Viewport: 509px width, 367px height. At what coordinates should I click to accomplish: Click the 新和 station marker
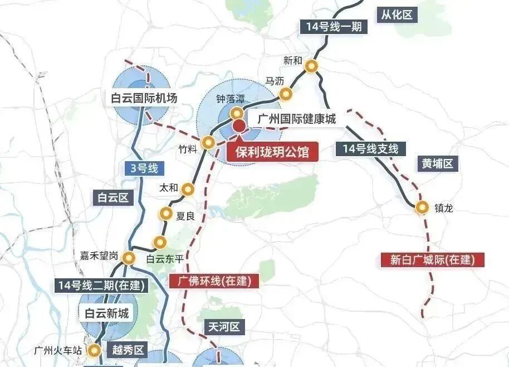tap(312, 66)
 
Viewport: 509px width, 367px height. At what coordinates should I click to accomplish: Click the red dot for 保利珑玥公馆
tap(239, 126)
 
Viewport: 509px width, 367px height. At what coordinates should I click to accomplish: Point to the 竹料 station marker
tap(208, 142)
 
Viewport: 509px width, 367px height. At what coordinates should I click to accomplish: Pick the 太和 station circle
tap(188, 190)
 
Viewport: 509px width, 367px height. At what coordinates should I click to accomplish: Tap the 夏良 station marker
tap(166, 213)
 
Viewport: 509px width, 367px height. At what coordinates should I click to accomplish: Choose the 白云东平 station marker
tap(160, 242)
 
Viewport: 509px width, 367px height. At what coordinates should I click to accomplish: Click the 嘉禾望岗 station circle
tap(130, 258)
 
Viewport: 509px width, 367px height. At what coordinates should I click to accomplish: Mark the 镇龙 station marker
tap(423, 207)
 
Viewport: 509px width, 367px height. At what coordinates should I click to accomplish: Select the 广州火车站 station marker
tap(95, 350)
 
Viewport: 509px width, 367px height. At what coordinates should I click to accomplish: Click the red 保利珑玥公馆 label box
tap(272, 152)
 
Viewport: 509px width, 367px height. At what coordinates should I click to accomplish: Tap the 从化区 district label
tap(397, 15)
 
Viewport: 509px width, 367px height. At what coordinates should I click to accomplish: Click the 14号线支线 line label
tap(371, 148)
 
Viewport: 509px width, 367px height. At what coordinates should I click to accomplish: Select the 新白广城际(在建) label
tap(432, 259)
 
